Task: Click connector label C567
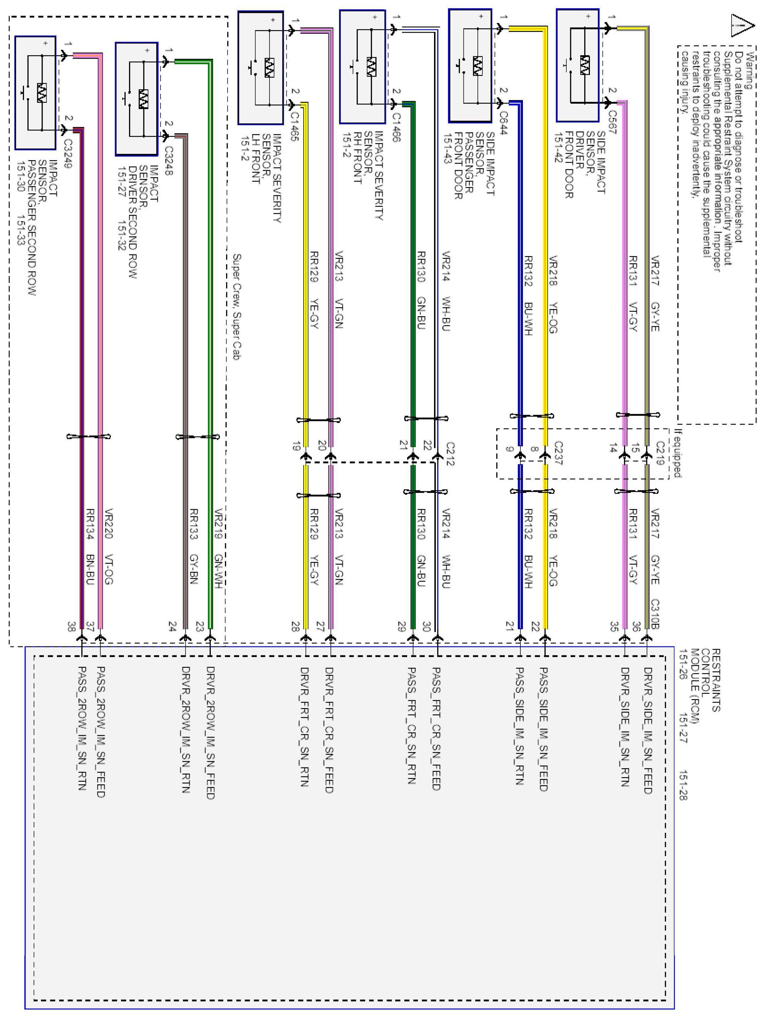(612, 122)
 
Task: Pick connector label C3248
(169, 161)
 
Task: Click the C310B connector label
(654, 614)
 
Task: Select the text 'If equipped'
(677, 453)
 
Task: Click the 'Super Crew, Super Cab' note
(237, 307)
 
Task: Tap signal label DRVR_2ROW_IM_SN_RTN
(186, 729)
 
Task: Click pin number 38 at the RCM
(71, 626)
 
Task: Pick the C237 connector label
(558, 453)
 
